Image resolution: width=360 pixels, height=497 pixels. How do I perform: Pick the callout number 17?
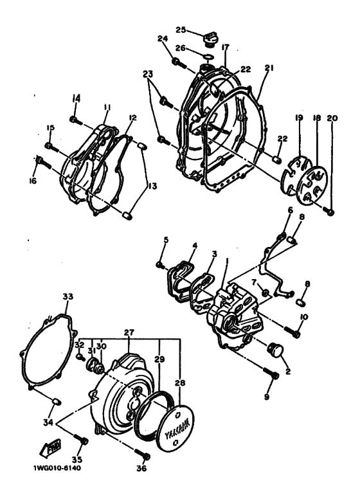(226, 47)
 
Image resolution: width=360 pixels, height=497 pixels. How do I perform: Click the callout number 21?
(268, 68)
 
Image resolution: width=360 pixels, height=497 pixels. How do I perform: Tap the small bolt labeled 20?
(330, 212)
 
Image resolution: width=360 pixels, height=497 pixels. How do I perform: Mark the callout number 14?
(76, 98)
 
